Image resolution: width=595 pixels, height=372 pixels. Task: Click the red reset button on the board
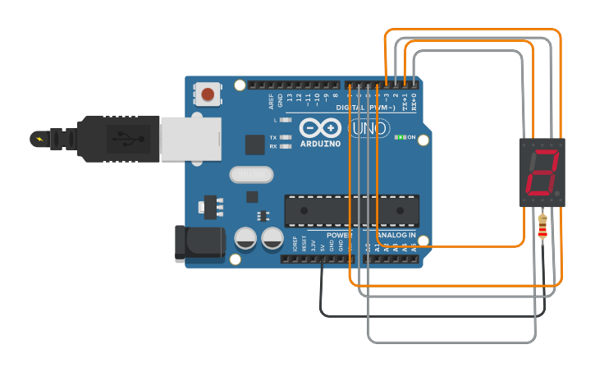tap(209, 94)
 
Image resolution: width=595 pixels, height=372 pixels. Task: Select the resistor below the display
tap(542, 227)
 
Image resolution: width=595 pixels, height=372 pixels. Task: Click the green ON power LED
tap(400, 137)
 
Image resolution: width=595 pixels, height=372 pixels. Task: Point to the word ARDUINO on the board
tap(320, 144)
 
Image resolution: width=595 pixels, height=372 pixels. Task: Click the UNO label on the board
tap(368, 129)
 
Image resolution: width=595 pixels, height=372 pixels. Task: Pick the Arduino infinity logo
tap(320, 128)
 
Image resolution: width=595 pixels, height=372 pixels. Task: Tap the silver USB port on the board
tap(190, 138)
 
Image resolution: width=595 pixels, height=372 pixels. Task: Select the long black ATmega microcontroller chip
tap(351, 210)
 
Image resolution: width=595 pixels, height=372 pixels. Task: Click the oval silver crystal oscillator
tap(251, 174)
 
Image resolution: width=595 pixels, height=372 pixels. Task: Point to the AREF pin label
tap(272, 101)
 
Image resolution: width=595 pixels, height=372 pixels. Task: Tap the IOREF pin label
tap(295, 243)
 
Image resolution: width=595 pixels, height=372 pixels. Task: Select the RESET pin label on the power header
tap(304, 243)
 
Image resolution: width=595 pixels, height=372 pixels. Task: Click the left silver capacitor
tap(246, 238)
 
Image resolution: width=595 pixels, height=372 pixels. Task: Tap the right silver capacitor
tap(272, 238)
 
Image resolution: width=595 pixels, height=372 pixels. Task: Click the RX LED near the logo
tap(286, 146)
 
